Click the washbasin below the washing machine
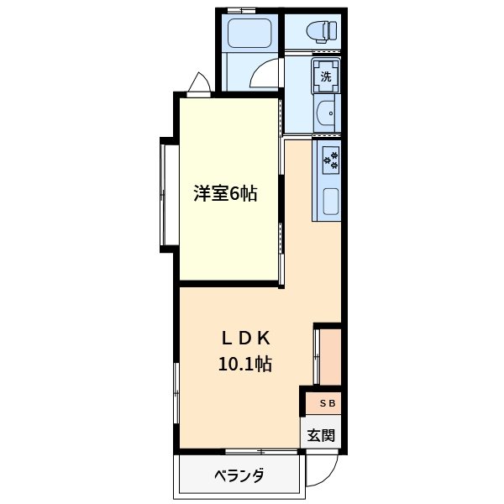click(x=328, y=113)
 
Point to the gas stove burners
click(x=329, y=158)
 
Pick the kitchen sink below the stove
click(x=329, y=202)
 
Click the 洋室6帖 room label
click(x=226, y=194)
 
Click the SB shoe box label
click(x=327, y=404)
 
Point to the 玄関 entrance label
click(x=321, y=435)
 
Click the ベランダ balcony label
click(x=239, y=475)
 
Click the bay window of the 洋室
click(x=165, y=194)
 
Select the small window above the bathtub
click(x=241, y=10)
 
